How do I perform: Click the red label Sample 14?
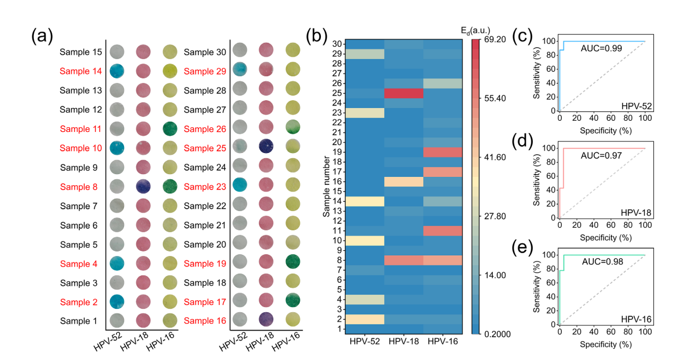pyautogui.click(x=82, y=71)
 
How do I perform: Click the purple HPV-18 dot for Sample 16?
pyautogui.click(x=266, y=319)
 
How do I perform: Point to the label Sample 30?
pyautogui.click(x=205, y=52)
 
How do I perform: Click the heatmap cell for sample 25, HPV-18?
pyautogui.click(x=403, y=93)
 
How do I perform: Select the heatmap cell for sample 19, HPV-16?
pyautogui.click(x=442, y=152)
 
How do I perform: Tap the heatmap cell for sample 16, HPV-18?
pyautogui.click(x=403, y=181)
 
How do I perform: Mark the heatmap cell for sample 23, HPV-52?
pyautogui.click(x=364, y=113)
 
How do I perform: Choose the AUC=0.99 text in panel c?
pyautogui.click(x=601, y=48)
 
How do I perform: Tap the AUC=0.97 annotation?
pyautogui.click(x=601, y=155)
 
